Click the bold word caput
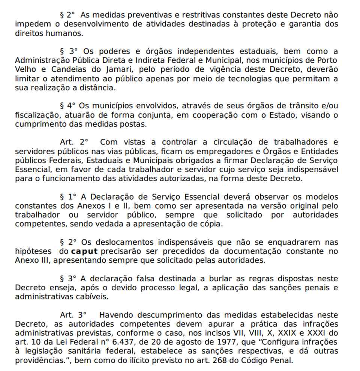(85, 251)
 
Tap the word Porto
(326, 60)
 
